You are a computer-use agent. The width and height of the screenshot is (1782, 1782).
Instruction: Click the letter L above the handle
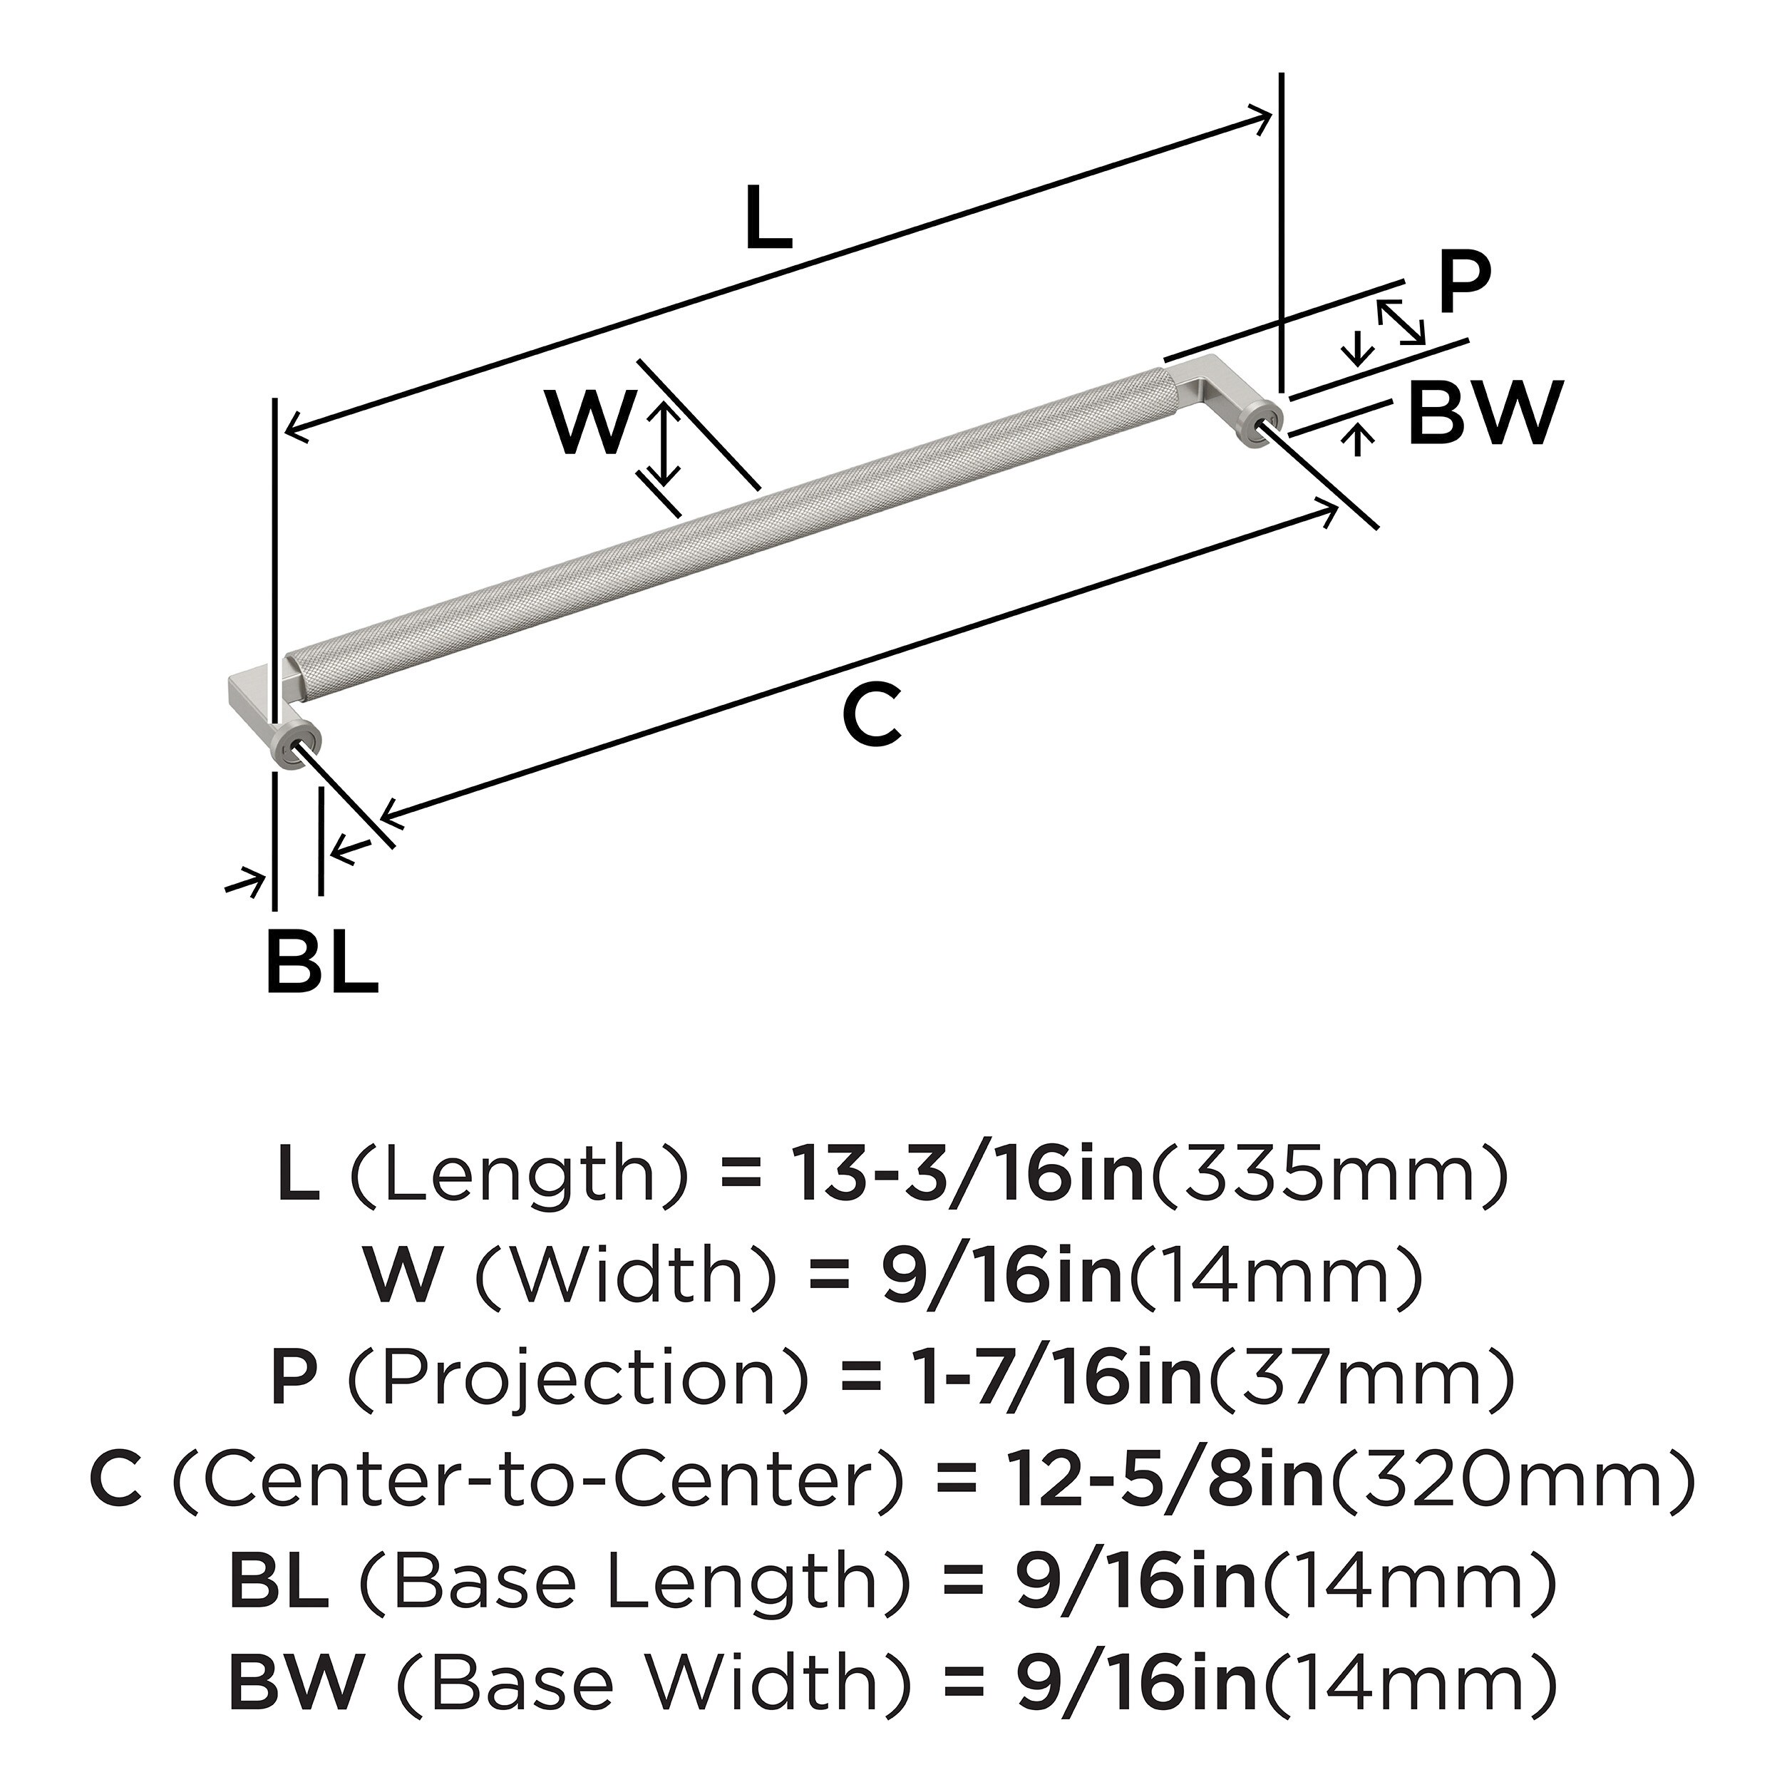coord(768,217)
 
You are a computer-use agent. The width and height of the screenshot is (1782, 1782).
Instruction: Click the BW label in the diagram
coord(1485,413)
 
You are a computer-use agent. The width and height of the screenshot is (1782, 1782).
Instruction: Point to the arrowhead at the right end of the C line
coord(1330,510)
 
